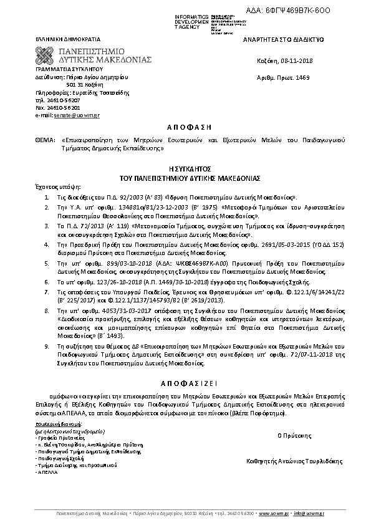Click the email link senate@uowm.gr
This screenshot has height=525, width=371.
click(69, 115)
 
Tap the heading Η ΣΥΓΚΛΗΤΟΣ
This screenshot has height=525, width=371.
click(185, 169)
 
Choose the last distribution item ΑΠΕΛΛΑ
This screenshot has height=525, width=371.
click(46, 472)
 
